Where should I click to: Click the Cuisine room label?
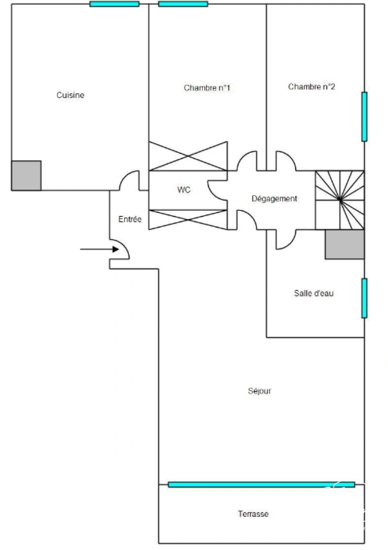[x=70, y=95]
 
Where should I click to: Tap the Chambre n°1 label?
[x=207, y=88]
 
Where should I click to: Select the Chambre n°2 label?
[x=312, y=87]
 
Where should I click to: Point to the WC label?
[x=184, y=190]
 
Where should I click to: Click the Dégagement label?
[x=274, y=199]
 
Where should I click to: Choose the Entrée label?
[x=130, y=219]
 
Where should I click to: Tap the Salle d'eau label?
[x=314, y=293]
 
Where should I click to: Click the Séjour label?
[x=260, y=391]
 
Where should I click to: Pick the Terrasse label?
[x=253, y=514]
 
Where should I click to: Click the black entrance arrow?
[x=99, y=250]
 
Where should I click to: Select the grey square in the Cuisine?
[x=26, y=176]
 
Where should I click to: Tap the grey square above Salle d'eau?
[x=345, y=244]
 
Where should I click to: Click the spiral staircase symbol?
[x=340, y=200]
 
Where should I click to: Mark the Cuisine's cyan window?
[x=114, y=4]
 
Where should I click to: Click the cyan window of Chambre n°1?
[x=183, y=4]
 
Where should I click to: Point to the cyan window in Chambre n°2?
[x=364, y=117]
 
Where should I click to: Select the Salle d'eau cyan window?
[x=364, y=298]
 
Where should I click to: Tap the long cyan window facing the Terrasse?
[x=261, y=484]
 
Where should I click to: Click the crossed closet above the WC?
[x=188, y=156]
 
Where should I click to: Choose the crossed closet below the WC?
[x=188, y=219]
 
